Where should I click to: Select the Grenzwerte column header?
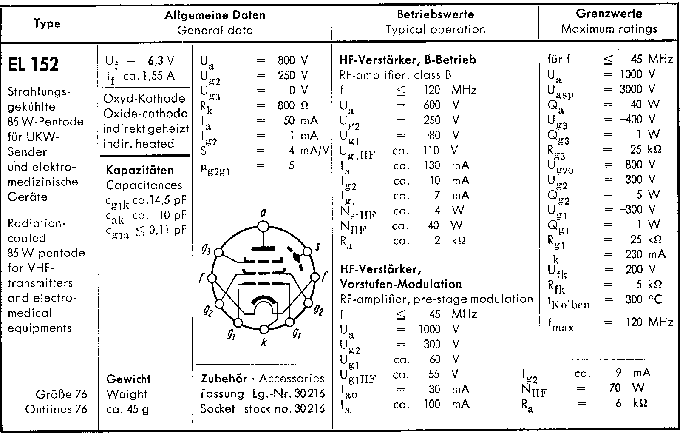point(609,14)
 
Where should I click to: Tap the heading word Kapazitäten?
point(140,170)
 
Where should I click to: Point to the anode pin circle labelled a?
point(263,228)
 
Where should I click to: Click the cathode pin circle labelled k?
point(264,329)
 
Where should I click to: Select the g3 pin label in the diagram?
point(206,249)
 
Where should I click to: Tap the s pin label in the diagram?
point(318,246)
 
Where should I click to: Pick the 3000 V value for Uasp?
point(637,89)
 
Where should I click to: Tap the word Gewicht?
point(128,379)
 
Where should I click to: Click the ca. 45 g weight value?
point(127,409)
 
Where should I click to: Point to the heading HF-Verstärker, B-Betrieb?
point(408,60)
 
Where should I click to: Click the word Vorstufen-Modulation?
point(401,284)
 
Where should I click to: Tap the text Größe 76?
point(62,394)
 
